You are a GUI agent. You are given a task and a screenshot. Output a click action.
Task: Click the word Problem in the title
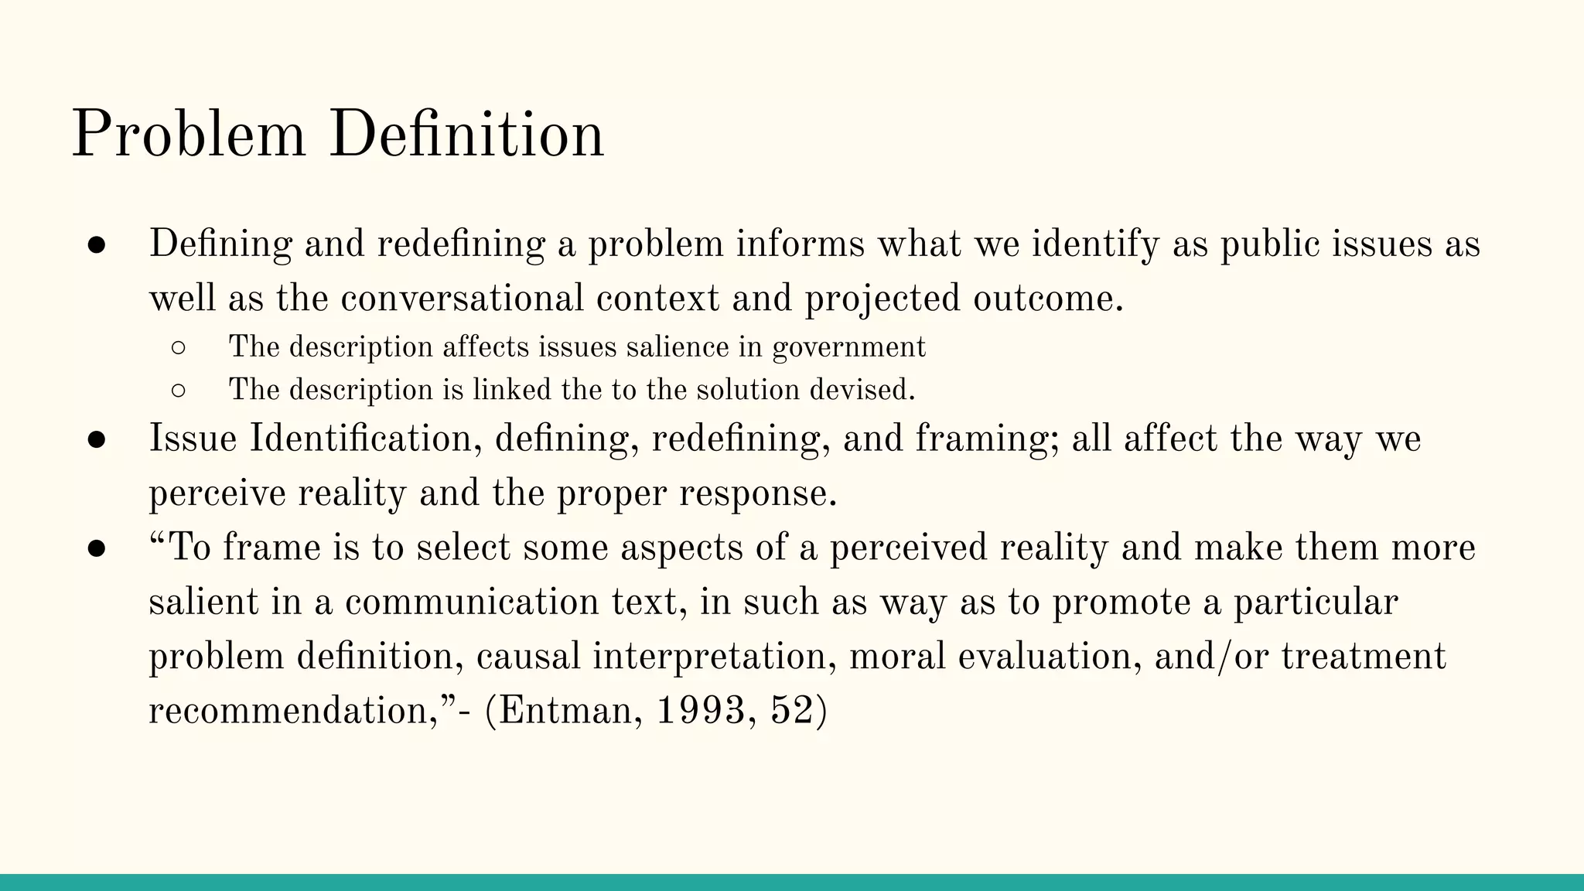189,135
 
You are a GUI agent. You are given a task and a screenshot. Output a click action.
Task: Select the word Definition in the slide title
466,135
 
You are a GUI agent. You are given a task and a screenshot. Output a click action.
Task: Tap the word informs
800,244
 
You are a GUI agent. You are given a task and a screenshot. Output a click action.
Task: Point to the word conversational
462,299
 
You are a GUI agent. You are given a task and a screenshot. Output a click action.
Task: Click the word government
848,347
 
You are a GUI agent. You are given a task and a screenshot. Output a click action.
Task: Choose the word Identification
361,439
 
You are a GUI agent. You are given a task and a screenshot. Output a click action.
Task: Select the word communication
472,602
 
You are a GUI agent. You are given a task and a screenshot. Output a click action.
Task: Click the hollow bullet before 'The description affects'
177,348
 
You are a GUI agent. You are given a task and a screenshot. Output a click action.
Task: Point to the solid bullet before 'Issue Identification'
97,439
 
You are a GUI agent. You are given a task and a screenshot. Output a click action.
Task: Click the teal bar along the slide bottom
792,882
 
